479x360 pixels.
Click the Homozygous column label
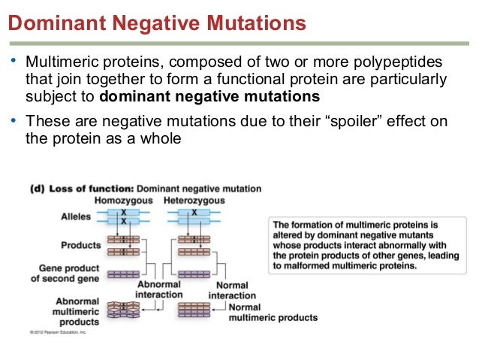tap(123, 201)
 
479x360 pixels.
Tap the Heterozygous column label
tap(194, 201)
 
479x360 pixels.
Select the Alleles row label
tap(76, 217)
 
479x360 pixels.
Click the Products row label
tap(80, 245)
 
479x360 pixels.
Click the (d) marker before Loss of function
tap(38, 189)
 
